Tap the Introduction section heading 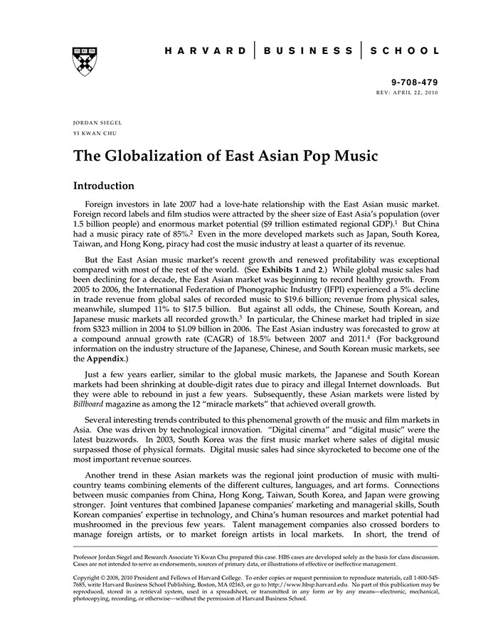tap(104, 186)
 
